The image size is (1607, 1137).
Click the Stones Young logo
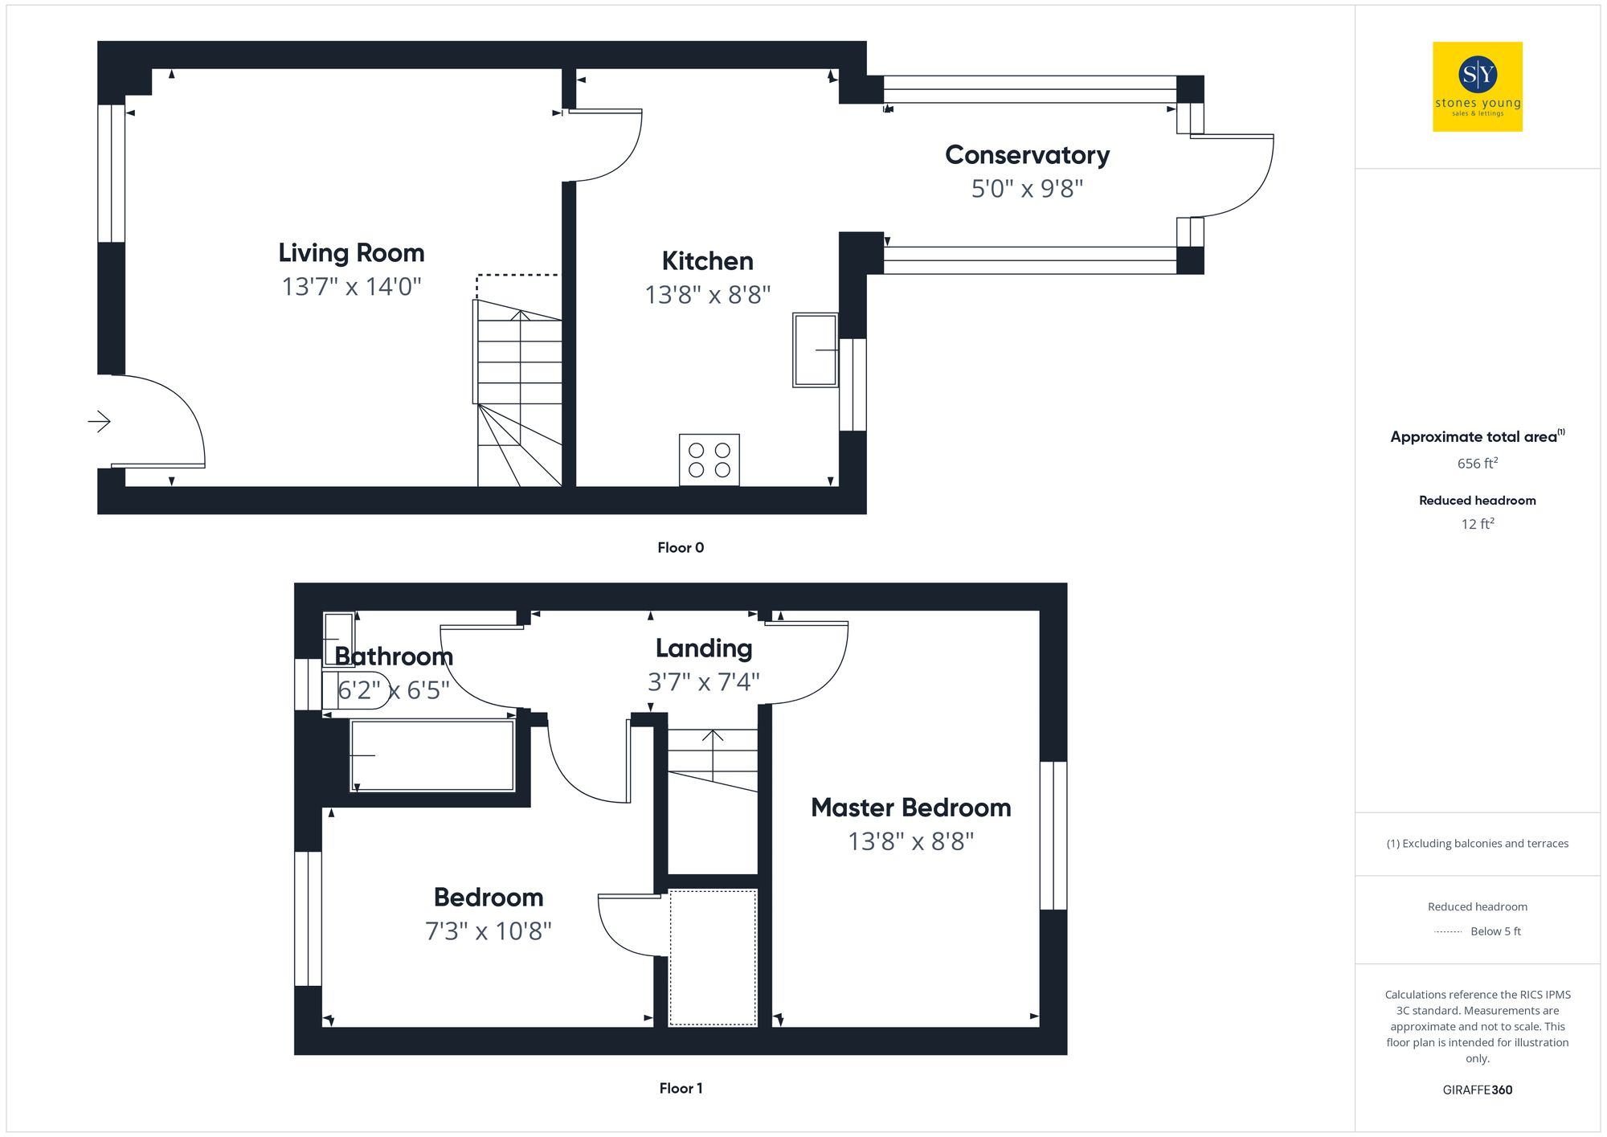pos(1477,86)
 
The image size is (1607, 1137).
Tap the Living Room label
pos(351,253)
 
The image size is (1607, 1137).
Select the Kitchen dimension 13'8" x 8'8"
pos(707,295)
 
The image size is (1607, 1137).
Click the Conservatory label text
pos(1027,155)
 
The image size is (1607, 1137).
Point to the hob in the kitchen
pos(709,460)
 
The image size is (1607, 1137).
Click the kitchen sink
pos(815,350)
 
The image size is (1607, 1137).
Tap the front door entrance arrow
pos(99,421)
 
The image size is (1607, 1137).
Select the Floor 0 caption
pos(680,548)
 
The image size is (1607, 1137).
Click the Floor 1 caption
pos(680,1089)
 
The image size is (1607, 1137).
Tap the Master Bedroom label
pos(910,808)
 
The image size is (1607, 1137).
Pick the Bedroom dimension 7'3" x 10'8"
pos(488,931)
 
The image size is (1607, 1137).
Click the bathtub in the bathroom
pos(432,755)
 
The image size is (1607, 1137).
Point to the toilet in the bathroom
pos(354,689)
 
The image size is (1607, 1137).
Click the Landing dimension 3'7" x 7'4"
pos(703,682)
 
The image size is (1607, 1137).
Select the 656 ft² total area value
pos(1477,464)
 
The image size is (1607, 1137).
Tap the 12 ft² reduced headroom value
pos(1477,524)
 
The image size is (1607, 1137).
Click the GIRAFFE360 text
pos(1477,1090)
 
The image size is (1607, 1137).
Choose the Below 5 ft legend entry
pos(1495,931)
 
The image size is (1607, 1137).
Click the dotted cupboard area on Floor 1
pos(713,957)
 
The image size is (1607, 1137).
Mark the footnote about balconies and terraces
pos(1477,844)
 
